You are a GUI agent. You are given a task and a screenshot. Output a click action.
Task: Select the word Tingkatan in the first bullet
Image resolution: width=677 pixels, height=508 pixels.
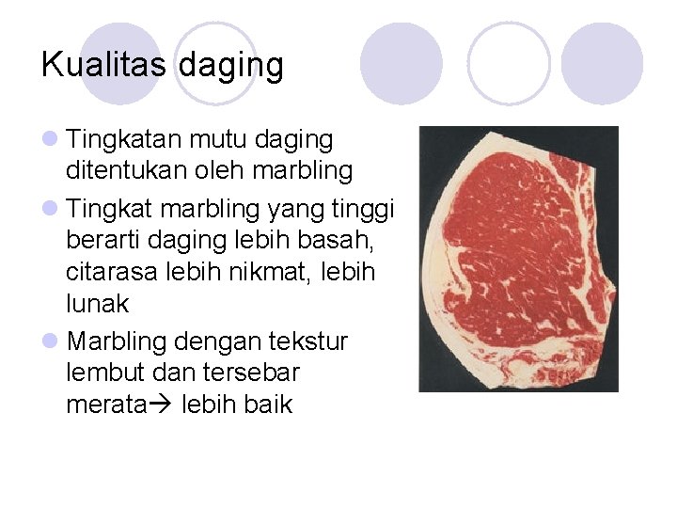[125, 140]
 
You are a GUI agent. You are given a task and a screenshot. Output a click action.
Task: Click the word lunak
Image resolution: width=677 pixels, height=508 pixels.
[98, 305]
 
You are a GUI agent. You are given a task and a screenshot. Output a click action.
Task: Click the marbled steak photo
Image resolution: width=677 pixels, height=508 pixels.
[518, 259]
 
